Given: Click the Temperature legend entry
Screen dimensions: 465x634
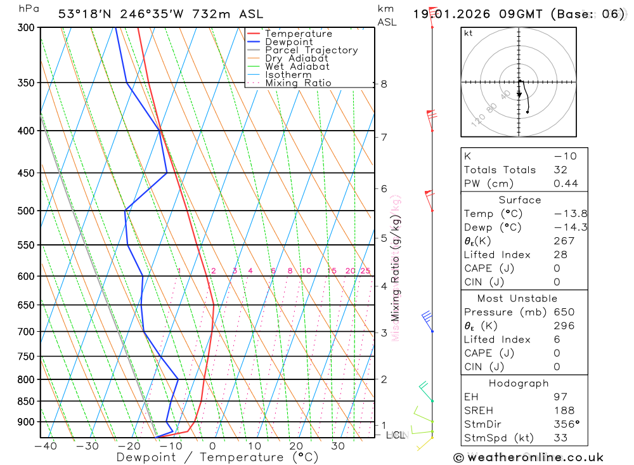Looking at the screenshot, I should click(x=298, y=34).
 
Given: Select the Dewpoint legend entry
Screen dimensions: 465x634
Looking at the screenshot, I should click(x=289, y=42).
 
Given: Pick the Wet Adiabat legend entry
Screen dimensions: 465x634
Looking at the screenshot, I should click(x=297, y=67).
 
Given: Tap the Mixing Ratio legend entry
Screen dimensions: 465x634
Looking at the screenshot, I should click(x=298, y=83).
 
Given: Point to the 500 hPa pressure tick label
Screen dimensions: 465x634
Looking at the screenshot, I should click(x=25, y=211).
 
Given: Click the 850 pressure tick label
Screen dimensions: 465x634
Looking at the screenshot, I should click(x=25, y=402).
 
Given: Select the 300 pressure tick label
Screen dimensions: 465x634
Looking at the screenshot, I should click(x=25, y=28).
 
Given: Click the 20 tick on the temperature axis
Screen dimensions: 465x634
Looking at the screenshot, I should click(x=296, y=446).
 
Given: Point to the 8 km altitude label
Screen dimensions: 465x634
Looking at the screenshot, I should click(x=384, y=84).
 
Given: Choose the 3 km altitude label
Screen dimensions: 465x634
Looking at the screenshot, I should click(x=384, y=332).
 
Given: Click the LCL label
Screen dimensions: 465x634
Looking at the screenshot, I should click(x=396, y=435).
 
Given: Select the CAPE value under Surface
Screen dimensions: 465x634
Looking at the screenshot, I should click(x=557, y=268).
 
